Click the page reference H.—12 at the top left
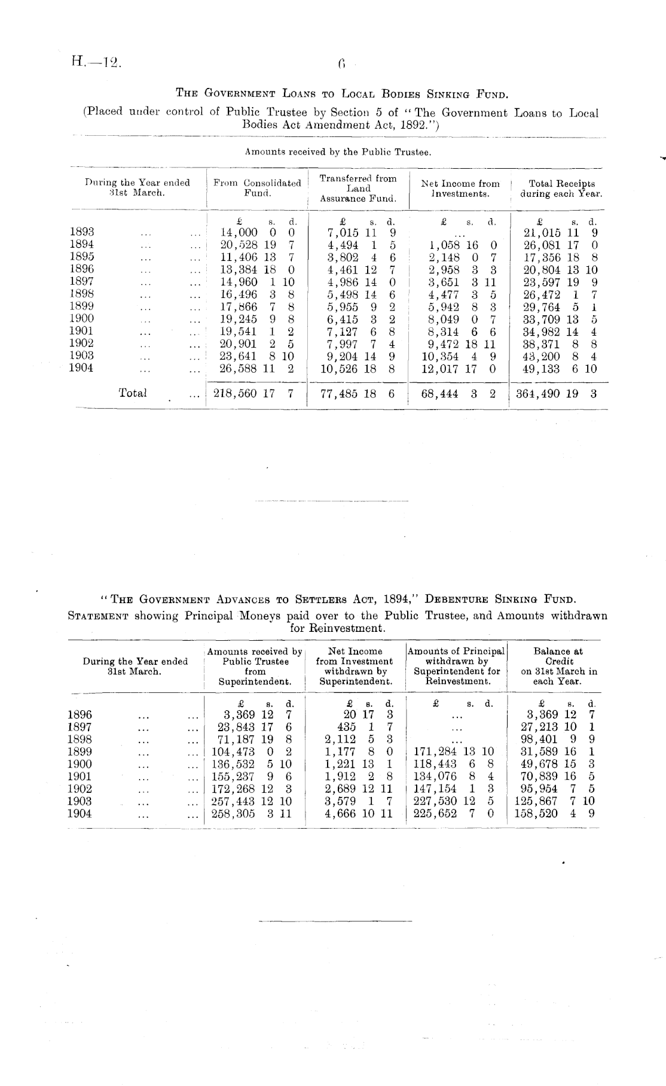pyautogui.click(x=94, y=62)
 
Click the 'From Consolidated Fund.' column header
pyautogui.click(x=258, y=188)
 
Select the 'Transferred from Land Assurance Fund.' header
pyautogui.click(x=358, y=188)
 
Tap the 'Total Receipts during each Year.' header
pyautogui.click(x=561, y=188)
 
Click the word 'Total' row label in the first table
pyautogui.click(x=133, y=393)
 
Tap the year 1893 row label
pyautogui.click(x=82, y=232)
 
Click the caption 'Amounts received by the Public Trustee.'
pyautogui.click(x=338, y=153)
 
